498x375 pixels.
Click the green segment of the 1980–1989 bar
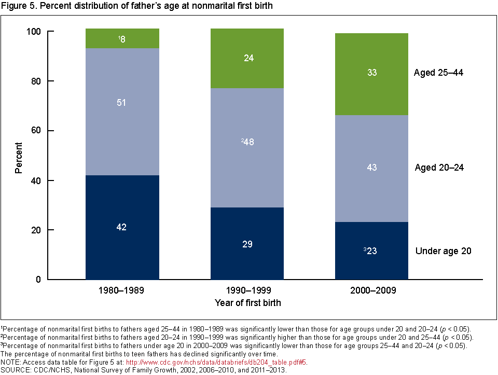(122, 39)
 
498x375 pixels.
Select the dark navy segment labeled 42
(122, 227)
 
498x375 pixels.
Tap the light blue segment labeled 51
(122, 102)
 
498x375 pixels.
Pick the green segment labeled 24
(247, 59)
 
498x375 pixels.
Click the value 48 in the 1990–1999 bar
(248, 142)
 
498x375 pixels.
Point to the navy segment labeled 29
(247, 244)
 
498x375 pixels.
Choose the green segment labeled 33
(371, 73)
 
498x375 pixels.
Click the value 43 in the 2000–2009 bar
(371, 168)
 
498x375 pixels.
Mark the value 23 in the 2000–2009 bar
(372, 251)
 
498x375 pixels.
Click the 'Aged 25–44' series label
(438, 73)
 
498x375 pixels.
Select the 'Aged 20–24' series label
(439, 168)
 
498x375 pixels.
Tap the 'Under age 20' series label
(443, 251)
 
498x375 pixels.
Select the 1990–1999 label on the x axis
(247, 291)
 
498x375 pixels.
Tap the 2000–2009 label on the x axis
(371, 291)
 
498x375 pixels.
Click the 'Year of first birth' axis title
(247, 302)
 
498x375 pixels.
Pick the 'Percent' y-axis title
(19, 156)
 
